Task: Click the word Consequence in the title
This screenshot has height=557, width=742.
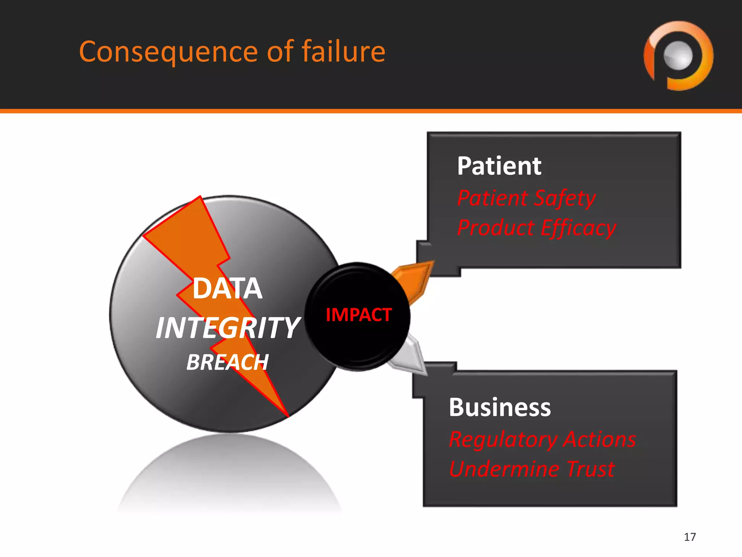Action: [x=168, y=52]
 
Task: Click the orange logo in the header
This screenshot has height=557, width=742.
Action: [x=678, y=55]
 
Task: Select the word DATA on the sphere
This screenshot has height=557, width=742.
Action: [x=228, y=288]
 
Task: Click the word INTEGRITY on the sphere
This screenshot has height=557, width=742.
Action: [x=228, y=328]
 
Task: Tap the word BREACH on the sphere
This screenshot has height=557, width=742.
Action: [x=228, y=362]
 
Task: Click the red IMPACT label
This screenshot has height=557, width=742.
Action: [x=359, y=315]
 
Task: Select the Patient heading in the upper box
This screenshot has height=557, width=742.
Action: [x=499, y=166]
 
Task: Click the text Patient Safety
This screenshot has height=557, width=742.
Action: [x=526, y=198]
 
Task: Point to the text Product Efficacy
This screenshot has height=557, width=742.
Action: [x=537, y=228]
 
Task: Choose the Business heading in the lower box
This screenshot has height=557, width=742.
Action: [x=500, y=407]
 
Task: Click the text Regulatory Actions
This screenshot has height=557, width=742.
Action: [x=542, y=439]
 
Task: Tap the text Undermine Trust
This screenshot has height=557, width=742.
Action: [x=532, y=469]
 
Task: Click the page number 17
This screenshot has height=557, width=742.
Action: [x=690, y=537]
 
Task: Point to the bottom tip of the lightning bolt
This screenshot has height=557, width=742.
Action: [x=288, y=416]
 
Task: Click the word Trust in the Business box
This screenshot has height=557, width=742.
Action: [x=591, y=469]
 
